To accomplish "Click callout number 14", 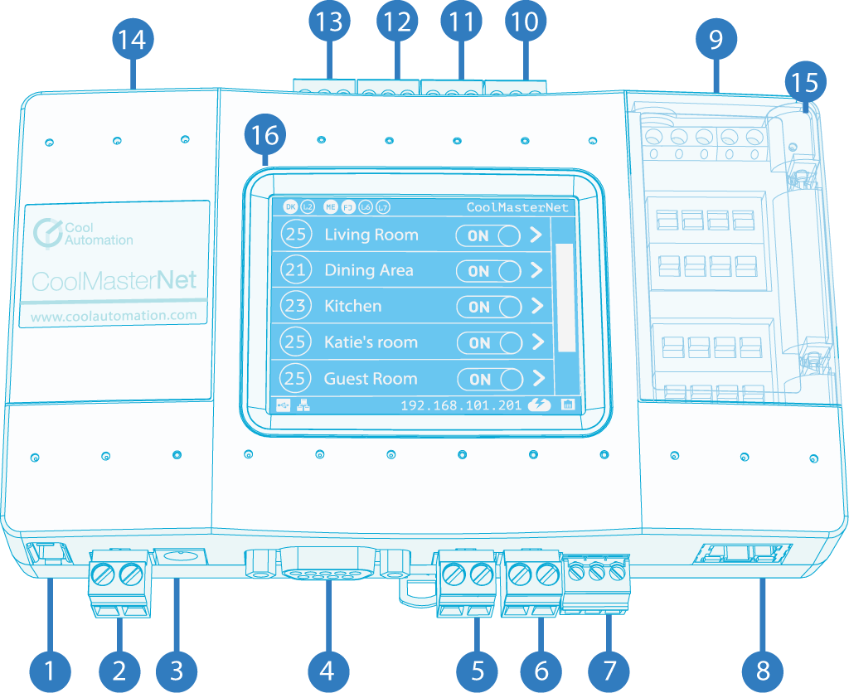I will click(x=133, y=40).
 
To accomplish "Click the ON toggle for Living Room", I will click(x=488, y=235).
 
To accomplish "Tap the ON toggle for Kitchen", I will click(x=489, y=307).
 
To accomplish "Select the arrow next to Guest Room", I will click(x=537, y=379).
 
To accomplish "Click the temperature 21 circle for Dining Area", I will click(x=295, y=270).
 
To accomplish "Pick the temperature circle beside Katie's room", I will click(x=295, y=342).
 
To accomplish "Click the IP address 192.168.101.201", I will click(x=461, y=406).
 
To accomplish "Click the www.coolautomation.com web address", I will click(x=114, y=315).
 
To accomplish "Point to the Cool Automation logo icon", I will click(x=49, y=233).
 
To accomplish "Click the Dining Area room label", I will click(x=368, y=270).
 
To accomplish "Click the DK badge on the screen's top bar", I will click(x=289, y=206).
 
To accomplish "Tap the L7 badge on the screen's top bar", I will click(x=382, y=206).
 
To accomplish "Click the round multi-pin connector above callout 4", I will click(x=328, y=568).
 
